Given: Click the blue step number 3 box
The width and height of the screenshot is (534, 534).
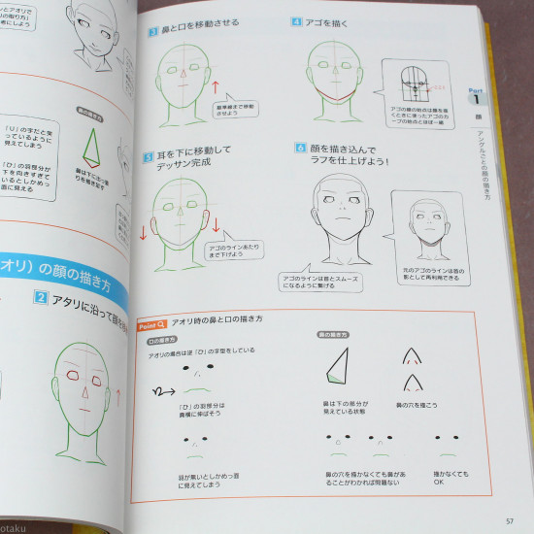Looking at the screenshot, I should (x=153, y=31).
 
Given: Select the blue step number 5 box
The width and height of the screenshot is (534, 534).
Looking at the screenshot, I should (x=147, y=154).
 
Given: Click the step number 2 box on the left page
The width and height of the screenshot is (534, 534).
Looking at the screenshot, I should (x=40, y=297).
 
